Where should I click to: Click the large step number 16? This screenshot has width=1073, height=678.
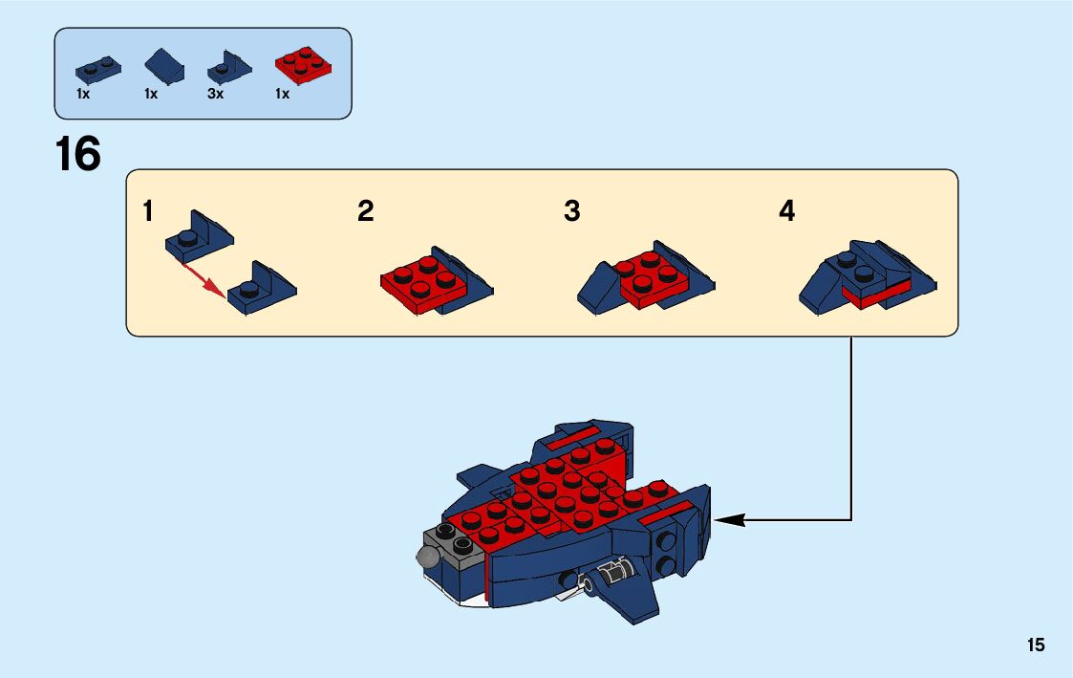click(78, 154)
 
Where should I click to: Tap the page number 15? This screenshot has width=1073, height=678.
click(1036, 645)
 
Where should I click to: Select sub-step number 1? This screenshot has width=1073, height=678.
click(148, 211)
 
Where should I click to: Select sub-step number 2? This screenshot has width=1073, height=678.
click(365, 211)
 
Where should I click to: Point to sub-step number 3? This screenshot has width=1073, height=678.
click(571, 211)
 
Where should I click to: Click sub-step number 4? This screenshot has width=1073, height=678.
click(786, 211)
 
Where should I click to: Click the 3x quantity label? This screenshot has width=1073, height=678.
click(215, 95)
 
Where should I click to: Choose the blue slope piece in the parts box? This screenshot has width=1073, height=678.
click(164, 67)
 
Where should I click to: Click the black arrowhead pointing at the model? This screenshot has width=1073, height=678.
click(728, 520)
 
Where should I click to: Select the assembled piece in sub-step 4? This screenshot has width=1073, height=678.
click(865, 277)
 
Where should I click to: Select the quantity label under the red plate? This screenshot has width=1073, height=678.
click(282, 95)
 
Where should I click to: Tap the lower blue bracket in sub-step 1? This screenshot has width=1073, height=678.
click(260, 289)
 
